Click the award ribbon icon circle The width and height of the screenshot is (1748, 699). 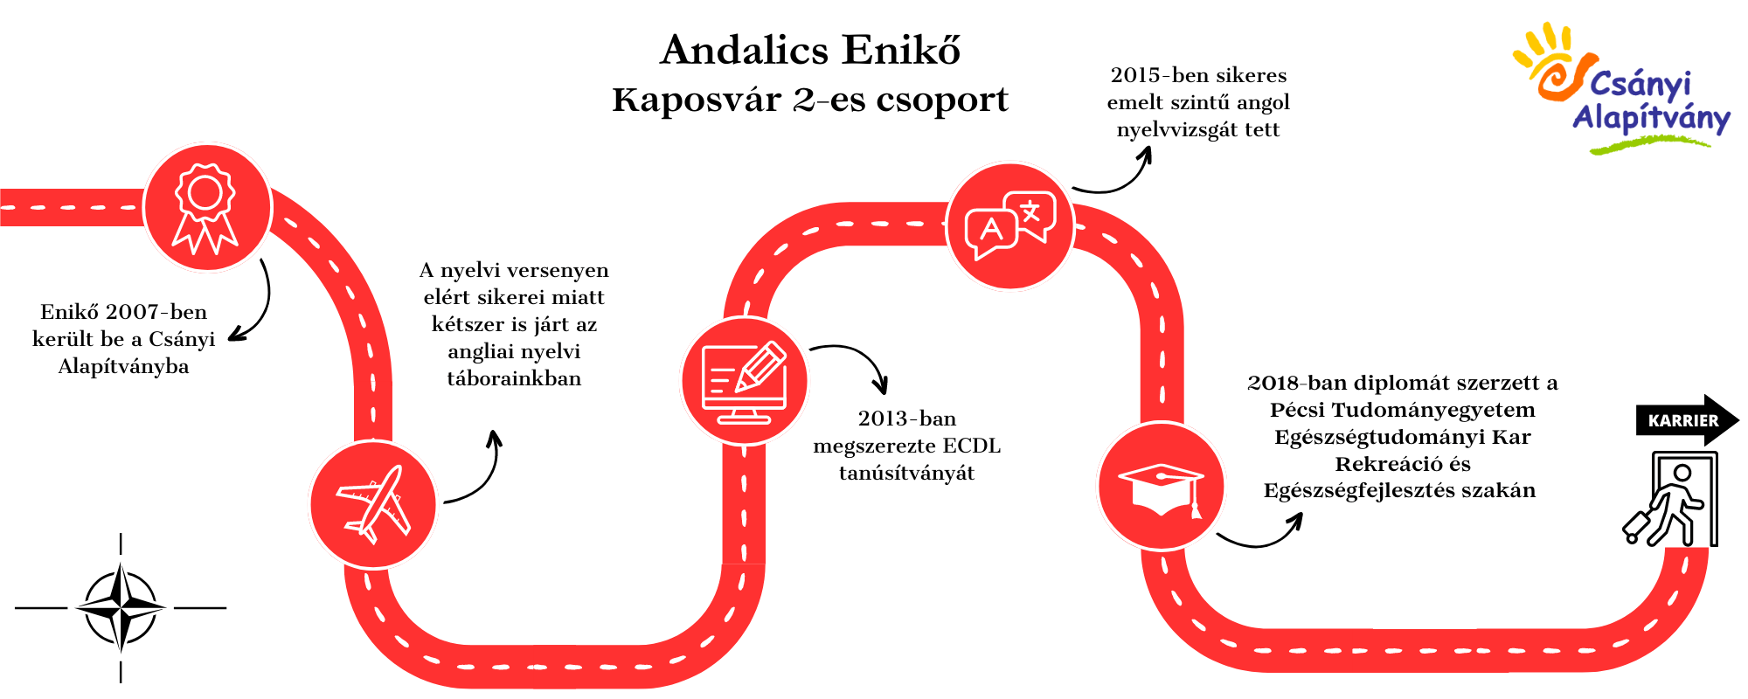click(x=207, y=208)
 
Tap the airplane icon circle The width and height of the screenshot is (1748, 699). click(x=373, y=505)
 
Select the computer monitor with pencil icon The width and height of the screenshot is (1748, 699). click(x=745, y=381)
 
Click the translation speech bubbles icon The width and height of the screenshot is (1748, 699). click(x=1010, y=226)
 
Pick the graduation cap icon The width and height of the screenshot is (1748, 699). click(x=1162, y=487)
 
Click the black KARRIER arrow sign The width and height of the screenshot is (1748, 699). click(x=1687, y=420)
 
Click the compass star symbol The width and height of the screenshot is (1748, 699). click(x=121, y=608)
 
